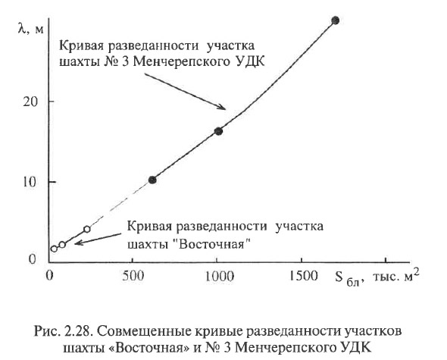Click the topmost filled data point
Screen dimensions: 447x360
(x=336, y=20)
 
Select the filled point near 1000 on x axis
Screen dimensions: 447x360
(x=218, y=131)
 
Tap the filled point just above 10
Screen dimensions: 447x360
(x=152, y=180)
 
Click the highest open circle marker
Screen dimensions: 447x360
(x=87, y=229)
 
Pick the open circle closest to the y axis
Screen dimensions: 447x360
(x=54, y=249)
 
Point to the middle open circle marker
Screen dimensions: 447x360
(x=62, y=245)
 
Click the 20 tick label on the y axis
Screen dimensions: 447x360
(x=30, y=102)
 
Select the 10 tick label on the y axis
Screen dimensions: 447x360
(x=30, y=182)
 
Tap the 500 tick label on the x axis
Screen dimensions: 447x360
(x=132, y=276)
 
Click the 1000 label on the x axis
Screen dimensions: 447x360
(x=220, y=276)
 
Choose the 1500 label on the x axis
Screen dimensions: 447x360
(x=304, y=276)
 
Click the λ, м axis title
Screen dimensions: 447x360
(x=30, y=29)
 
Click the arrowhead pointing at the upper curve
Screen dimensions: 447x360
(x=222, y=107)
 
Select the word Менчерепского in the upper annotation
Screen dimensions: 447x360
(x=181, y=62)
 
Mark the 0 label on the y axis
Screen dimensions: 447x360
(x=32, y=258)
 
